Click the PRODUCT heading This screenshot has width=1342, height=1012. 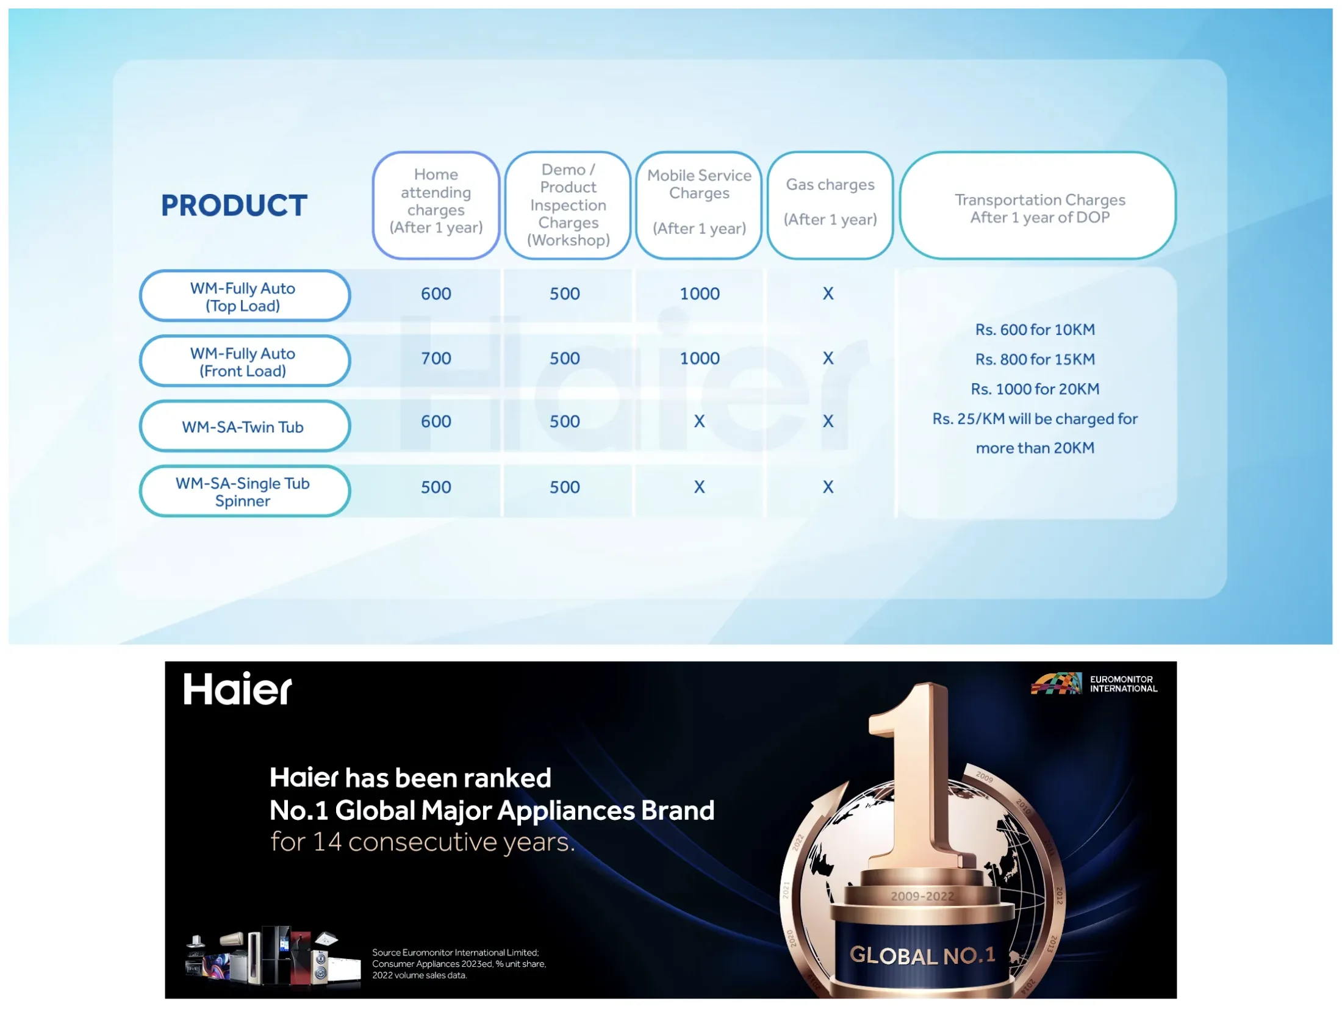(x=234, y=206)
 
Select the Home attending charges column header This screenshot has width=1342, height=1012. (x=436, y=201)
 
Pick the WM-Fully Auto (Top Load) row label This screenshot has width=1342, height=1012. (x=243, y=297)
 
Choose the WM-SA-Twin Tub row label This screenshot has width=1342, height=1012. (x=243, y=427)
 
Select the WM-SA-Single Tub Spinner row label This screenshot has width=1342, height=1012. (x=243, y=492)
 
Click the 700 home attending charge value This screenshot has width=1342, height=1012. (x=436, y=359)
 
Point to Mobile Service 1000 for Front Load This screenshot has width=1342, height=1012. (x=699, y=359)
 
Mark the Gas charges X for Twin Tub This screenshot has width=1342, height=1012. (x=828, y=422)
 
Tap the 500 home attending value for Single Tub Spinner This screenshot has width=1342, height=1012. (x=436, y=487)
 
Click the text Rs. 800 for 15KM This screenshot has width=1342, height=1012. (x=1035, y=359)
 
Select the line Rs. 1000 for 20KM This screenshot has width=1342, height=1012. (x=1035, y=389)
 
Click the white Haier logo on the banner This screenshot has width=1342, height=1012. (x=237, y=689)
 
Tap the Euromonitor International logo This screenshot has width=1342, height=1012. (x=1094, y=684)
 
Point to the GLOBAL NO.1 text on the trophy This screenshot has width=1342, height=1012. (x=922, y=955)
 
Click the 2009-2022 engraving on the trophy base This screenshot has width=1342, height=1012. (x=922, y=896)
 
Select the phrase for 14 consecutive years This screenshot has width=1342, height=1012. (x=422, y=842)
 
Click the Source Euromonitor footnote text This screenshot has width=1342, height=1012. (x=459, y=964)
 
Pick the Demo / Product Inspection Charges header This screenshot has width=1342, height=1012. (x=567, y=205)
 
